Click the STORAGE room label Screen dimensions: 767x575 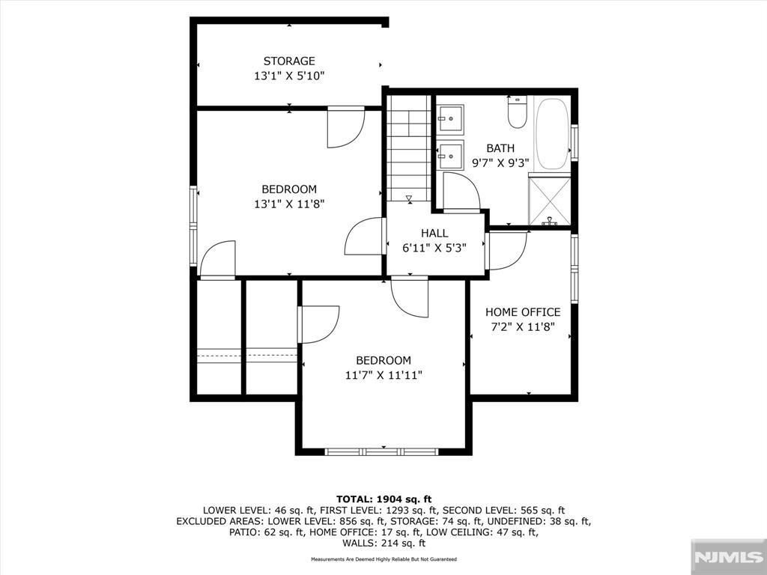coord(289,61)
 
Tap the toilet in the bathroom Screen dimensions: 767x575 coord(517,112)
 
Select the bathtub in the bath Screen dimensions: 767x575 coord(552,133)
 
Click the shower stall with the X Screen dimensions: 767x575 coord(550,201)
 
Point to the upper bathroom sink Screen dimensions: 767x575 coord(450,118)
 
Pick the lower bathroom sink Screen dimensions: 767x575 coord(450,156)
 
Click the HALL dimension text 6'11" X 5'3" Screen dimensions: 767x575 coord(434,249)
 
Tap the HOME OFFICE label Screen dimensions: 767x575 coord(523,312)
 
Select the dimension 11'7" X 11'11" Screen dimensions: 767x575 coord(383,376)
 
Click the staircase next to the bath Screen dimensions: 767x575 coord(409,148)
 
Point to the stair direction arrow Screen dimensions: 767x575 coord(409,198)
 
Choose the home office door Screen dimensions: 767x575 coord(507,250)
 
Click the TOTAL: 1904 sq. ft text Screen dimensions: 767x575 coord(384,499)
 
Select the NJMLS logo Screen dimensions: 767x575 coord(728,557)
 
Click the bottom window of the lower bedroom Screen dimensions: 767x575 coord(381,451)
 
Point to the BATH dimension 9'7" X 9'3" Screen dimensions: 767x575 coord(500,162)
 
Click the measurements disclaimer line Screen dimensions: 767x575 coord(383,559)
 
